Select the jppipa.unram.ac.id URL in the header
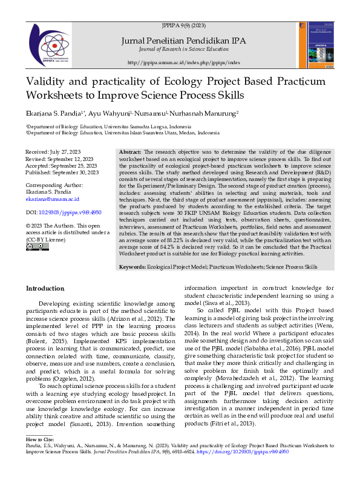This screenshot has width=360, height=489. (184, 62)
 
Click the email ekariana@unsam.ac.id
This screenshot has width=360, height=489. (52, 199)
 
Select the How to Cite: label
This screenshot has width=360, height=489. (40, 438)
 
